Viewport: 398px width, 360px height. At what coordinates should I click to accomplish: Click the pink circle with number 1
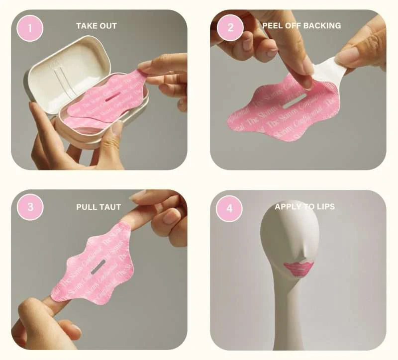30,27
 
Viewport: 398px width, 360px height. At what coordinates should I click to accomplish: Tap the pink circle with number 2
230,27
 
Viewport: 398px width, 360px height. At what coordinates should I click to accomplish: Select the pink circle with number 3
30,206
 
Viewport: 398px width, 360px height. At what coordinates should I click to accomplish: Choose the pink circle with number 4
229,207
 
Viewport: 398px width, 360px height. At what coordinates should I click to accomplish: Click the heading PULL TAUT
99,206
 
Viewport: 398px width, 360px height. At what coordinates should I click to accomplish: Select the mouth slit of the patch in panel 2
293,101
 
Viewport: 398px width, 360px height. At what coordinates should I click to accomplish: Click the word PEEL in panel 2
273,25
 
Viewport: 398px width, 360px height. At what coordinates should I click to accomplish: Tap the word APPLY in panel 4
287,206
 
